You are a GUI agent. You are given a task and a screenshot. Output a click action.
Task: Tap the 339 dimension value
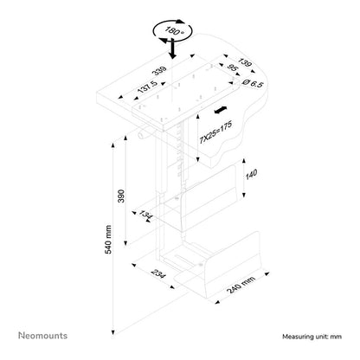159,73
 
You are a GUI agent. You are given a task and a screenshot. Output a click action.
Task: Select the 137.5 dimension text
147,87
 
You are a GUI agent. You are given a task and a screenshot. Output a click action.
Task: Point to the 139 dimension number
245,62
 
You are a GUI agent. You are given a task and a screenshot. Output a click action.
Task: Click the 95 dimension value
233,68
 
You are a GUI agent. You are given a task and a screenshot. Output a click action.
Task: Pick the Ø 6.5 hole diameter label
253,84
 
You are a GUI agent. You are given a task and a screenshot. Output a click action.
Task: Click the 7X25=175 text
215,132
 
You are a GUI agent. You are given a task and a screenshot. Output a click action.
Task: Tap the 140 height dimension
251,175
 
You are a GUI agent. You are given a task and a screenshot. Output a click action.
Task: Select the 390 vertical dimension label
121,196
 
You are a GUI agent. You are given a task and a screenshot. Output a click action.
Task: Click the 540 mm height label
108,240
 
